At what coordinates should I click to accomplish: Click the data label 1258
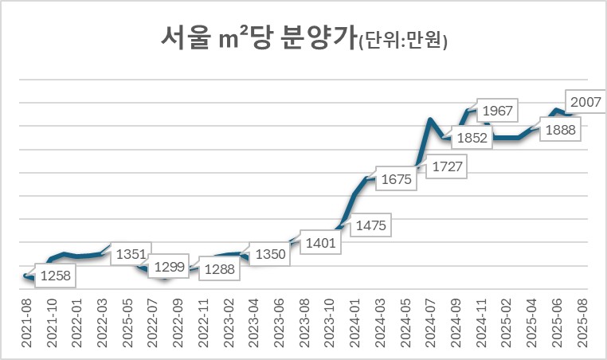click(56, 276)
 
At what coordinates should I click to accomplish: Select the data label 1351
click(130, 255)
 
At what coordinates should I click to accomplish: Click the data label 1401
click(321, 241)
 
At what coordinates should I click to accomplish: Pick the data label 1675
click(396, 180)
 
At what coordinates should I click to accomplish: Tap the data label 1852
click(472, 139)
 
